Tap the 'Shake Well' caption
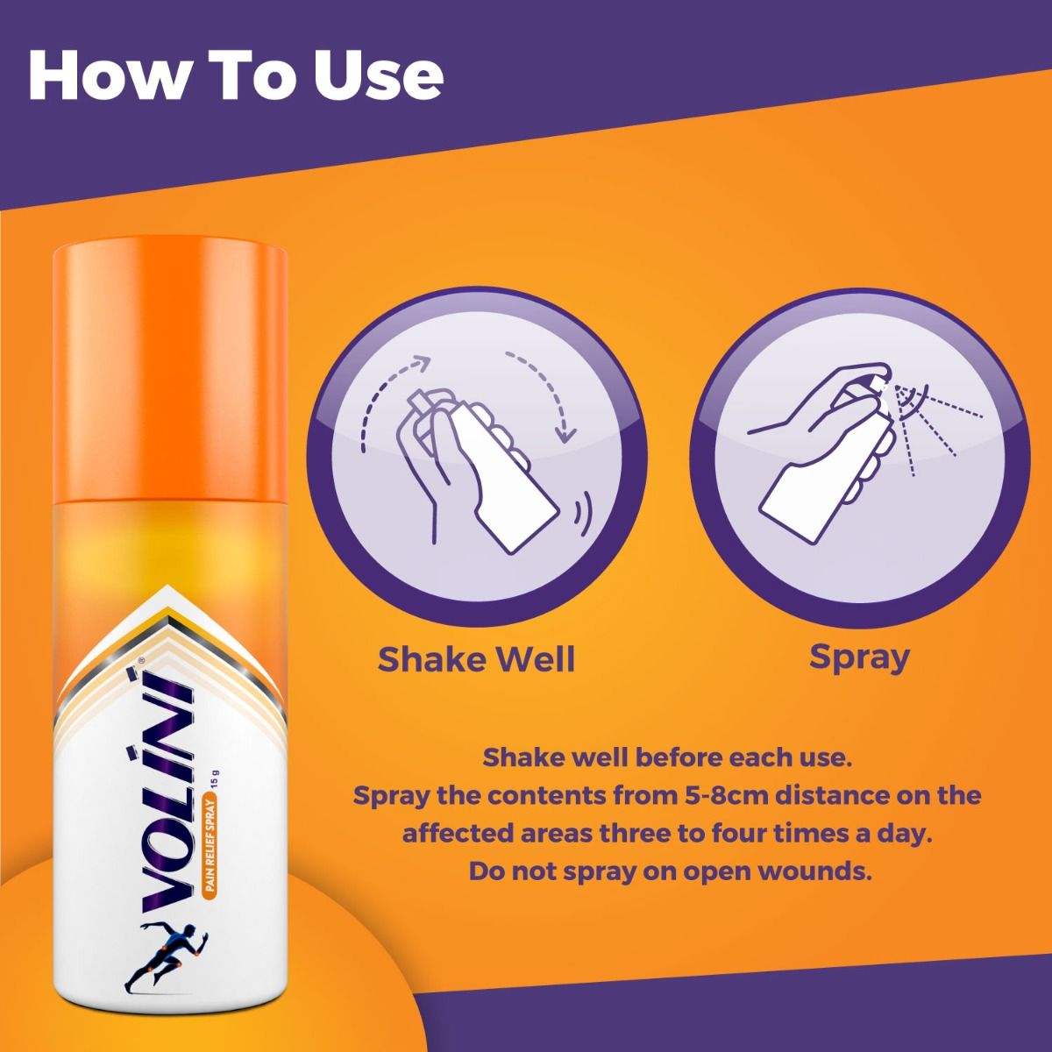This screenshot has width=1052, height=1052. click(x=476, y=658)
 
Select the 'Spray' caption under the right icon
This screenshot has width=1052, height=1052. click(x=858, y=656)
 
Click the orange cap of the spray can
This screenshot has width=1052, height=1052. click(x=169, y=369)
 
